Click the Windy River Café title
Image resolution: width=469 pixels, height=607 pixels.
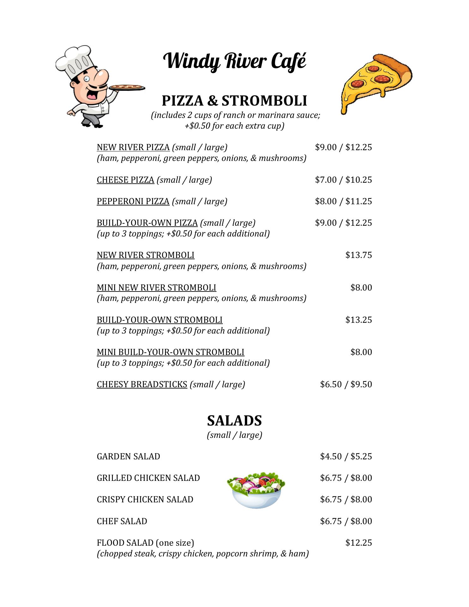pyautogui.click(x=234, y=61)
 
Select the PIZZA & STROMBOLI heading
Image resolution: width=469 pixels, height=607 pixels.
pyautogui.click(x=234, y=101)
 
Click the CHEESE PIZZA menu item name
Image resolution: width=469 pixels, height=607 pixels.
pyautogui.click(x=125, y=180)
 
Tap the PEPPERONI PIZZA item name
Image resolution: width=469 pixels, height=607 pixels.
pyautogui.click(x=133, y=201)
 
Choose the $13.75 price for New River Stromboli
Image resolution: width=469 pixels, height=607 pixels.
pyautogui.click(x=358, y=255)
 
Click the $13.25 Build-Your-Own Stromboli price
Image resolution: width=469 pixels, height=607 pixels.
pyautogui.click(x=358, y=320)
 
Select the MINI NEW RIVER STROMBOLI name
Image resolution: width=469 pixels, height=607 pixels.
pyautogui.click(x=156, y=288)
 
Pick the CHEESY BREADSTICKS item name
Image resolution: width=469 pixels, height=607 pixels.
pyautogui.click(x=142, y=384)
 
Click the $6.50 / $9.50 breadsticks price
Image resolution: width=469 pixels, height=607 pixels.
pyautogui.click(x=346, y=384)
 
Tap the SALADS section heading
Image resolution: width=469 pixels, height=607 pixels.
pyautogui.click(x=234, y=421)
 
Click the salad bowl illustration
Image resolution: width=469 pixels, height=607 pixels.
pyautogui.click(x=256, y=490)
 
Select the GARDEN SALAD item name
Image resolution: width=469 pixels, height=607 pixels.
pyautogui.click(x=128, y=457)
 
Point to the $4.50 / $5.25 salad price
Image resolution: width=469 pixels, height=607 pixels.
pyautogui.click(x=346, y=457)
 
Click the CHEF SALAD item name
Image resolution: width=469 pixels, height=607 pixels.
pyautogui.click(x=122, y=521)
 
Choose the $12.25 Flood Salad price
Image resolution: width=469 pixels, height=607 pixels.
pyautogui.click(x=358, y=543)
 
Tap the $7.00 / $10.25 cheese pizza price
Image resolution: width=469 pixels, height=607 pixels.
pyautogui.click(x=343, y=180)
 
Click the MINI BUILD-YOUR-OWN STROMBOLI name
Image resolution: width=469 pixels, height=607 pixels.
pyautogui.click(x=170, y=352)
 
